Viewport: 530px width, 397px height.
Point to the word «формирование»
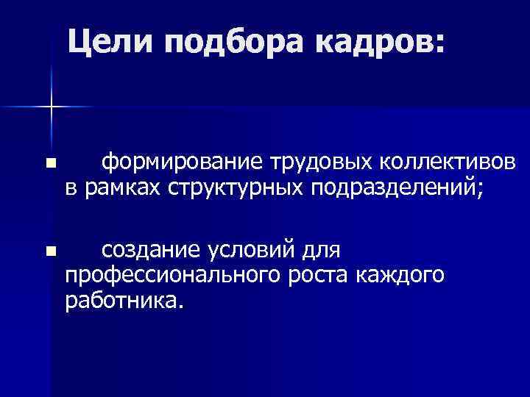click(183, 162)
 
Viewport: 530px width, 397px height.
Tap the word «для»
click(319, 251)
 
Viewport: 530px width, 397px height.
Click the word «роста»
click(315, 277)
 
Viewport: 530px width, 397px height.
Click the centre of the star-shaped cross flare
click(52, 107)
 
